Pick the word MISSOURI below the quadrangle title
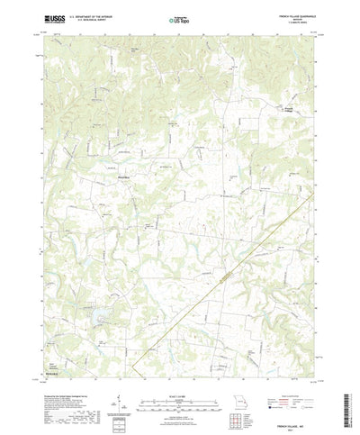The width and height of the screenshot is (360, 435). tap(301, 19)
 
